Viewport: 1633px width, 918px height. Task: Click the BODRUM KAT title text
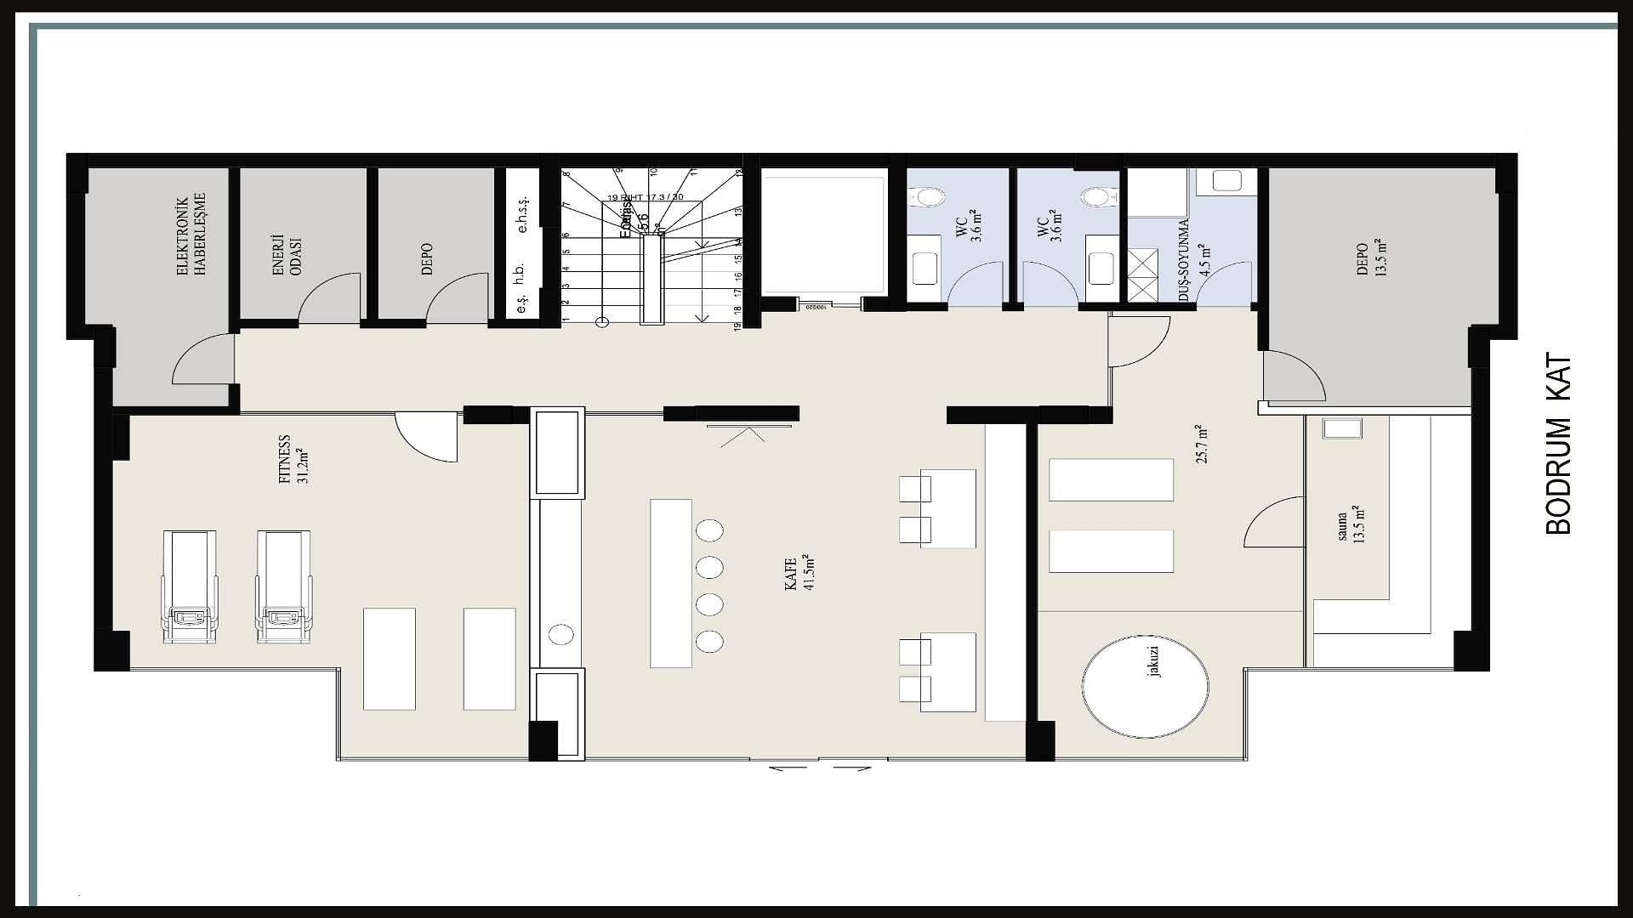pos(1558,445)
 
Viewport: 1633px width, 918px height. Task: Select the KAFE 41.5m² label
pos(798,574)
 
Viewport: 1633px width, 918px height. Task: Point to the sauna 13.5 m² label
pos(1350,524)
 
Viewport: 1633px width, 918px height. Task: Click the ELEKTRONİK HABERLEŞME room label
pos(192,235)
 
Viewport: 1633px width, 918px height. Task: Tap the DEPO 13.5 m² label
pos(1369,258)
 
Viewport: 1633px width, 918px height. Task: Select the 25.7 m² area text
pos(1201,443)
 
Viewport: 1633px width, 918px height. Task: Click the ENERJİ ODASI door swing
pos(331,298)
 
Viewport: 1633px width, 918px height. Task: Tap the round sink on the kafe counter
pos(561,633)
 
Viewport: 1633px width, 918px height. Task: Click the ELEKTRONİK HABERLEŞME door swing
pos(202,360)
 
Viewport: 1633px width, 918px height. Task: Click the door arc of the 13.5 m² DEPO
pos(1294,376)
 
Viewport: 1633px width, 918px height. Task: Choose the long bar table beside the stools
pos(671,583)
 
